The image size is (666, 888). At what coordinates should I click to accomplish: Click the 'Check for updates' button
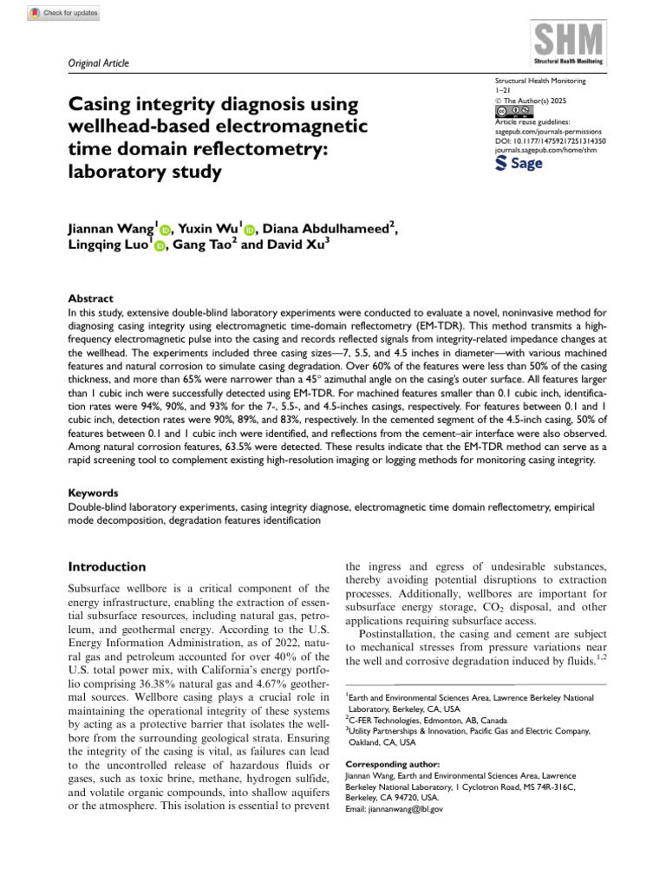pyautogui.click(x=65, y=13)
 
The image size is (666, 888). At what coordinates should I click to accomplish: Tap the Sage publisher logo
pyautogui.click(x=519, y=164)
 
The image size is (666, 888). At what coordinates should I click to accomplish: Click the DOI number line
pyautogui.click(x=550, y=140)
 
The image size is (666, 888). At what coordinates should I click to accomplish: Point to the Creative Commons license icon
pyautogui.click(x=513, y=112)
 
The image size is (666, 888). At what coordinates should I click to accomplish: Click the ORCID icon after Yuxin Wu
pyautogui.click(x=250, y=230)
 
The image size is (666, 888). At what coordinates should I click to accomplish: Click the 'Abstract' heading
pyautogui.click(x=90, y=297)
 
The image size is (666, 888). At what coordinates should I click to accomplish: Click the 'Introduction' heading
pyautogui.click(x=107, y=566)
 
